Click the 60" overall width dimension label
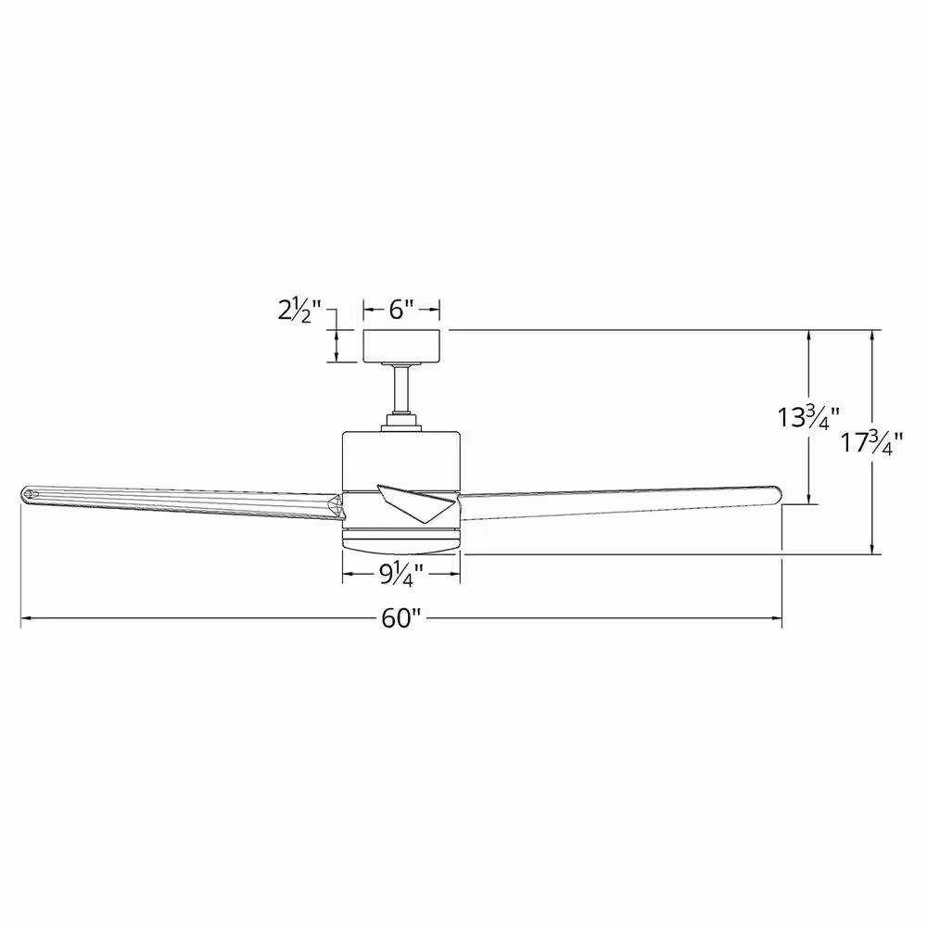pyautogui.click(x=400, y=618)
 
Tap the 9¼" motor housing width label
pyautogui.click(x=401, y=575)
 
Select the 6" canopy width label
pyautogui.click(x=400, y=310)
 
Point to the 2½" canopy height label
pyautogui.click(x=299, y=310)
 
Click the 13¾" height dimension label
pyautogui.click(x=807, y=418)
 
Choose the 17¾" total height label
pyautogui.click(x=872, y=443)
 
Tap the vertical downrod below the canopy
pyautogui.click(x=401, y=390)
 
